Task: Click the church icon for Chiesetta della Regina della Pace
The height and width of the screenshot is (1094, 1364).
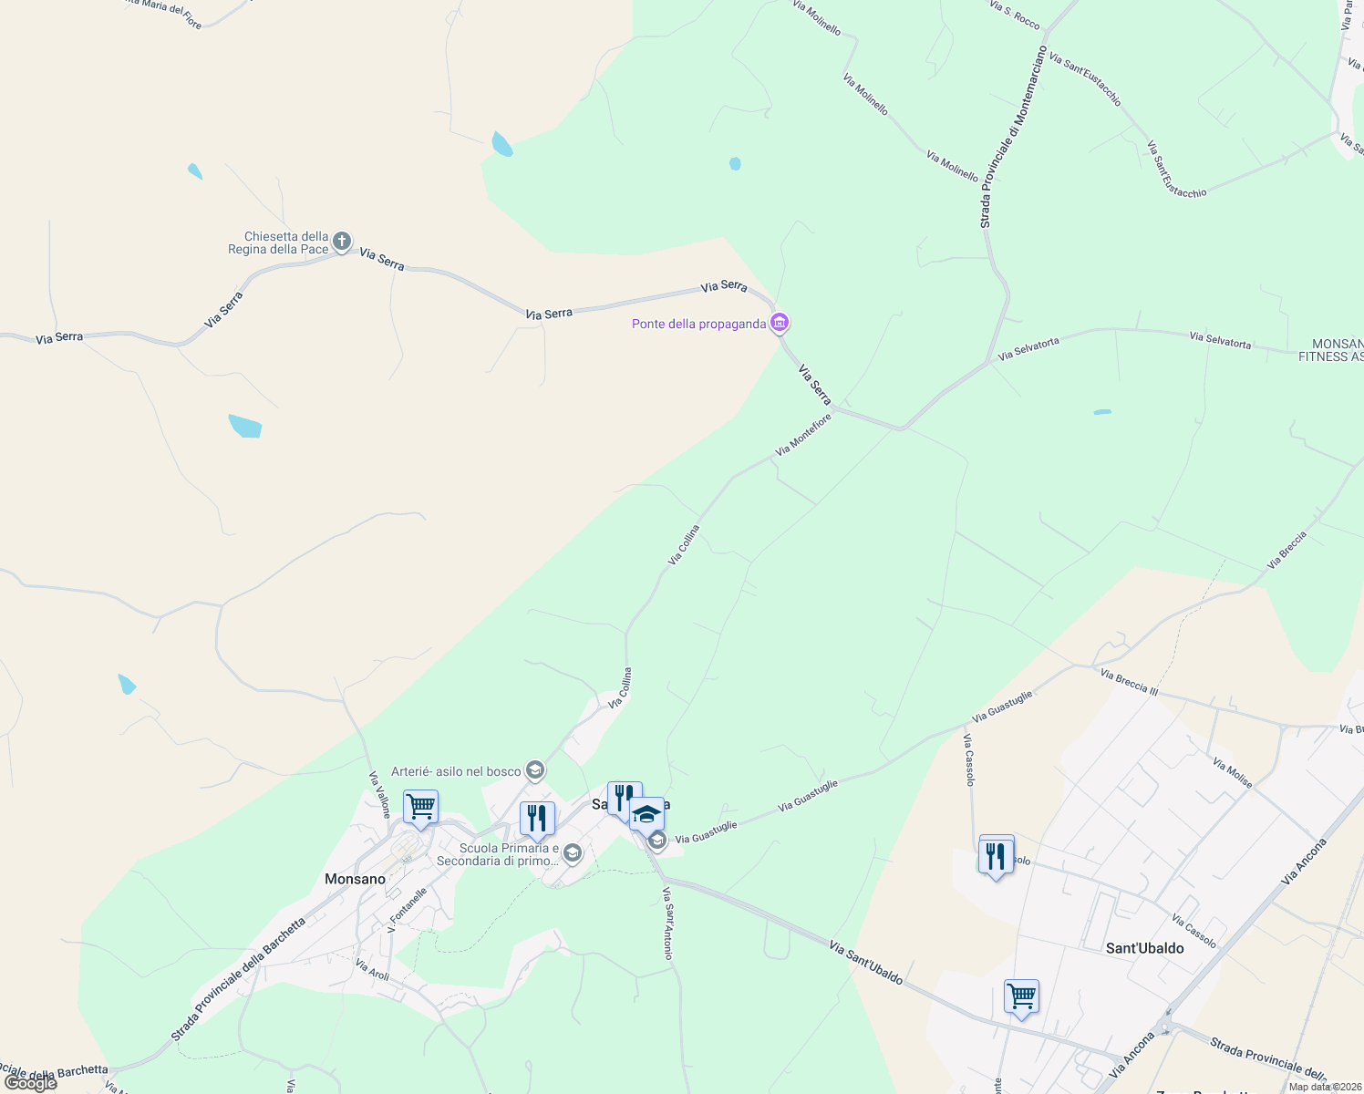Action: click(x=342, y=242)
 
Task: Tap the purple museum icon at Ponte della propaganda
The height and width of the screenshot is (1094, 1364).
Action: click(x=780, y=323)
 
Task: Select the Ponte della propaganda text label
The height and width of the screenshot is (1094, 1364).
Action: click(x=699, y=324)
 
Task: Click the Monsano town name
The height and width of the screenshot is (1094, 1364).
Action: click(x=355, y=879)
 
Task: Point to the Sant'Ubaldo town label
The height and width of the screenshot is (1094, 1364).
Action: click(x=1144, y=948)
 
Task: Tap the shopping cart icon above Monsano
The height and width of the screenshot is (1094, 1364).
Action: click(x=420, y=807)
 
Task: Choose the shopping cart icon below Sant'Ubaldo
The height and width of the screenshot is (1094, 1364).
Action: click(x=1021, y=996)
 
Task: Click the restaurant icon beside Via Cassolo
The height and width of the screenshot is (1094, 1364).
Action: click(x=996, y=855)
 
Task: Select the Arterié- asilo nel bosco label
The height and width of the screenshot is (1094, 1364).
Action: click(x=456, y=771)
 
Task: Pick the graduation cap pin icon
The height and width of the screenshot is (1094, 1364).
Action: click(x=646, y=814)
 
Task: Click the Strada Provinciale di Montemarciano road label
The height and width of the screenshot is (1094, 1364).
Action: click(x=1013, y=137)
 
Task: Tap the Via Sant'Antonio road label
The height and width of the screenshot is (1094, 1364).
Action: click(x=668, y=923)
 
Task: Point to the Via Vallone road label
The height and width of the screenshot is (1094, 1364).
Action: click(x=379, y=794)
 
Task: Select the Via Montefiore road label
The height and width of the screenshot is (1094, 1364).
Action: click(x=803, y=434)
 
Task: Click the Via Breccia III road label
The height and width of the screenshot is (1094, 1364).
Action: click(x=1129, y=682)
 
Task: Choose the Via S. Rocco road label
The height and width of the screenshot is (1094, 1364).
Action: click(x=1014, y=15)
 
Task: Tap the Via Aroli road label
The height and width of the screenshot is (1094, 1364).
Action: click(x=372, y=970)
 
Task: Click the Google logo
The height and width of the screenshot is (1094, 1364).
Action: click(x=30, y=1082)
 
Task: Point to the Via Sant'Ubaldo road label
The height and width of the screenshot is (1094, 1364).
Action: click(x=866, y=964)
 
